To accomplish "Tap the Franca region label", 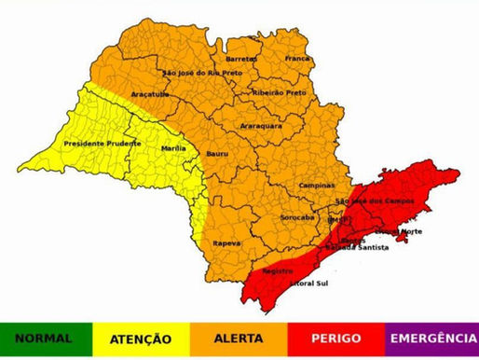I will [x=297, y=58].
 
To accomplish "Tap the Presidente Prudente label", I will [x=103, y=144].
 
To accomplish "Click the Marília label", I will [x=173, y=146].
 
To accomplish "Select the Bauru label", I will [x=218, y=153].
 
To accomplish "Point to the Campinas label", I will [x=317, y=185].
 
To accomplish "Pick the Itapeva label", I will [x=227, y=242].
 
